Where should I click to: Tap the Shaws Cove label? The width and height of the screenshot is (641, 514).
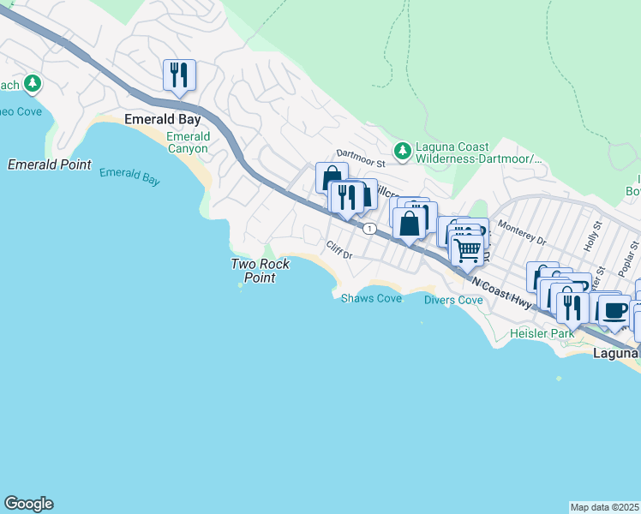(x=371, y=299)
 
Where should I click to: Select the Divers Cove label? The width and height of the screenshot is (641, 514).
(x=453, y=300)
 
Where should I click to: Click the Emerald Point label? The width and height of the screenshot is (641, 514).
(x=49, y=164)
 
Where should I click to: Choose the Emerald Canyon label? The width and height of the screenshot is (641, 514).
(x=187, y=142)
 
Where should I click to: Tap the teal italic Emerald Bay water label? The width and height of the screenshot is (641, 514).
(x=129, y=176)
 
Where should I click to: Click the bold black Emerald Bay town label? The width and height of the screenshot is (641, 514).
(x=163, y=119)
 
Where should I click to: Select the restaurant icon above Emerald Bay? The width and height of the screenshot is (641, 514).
(x=179, y=75)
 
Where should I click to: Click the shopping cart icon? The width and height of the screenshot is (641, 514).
(x=466, y=250)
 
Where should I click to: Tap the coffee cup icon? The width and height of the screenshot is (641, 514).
(x=614, y=310)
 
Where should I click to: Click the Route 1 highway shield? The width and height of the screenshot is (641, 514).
(x=368, y=229)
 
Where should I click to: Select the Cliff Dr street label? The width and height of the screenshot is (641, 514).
(x=339, y=248)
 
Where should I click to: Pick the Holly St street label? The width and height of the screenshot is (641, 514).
(x=590, y=237)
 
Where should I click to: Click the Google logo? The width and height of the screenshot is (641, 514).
(x=28, y=504)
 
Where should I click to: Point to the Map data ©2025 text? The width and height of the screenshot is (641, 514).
(x=605, y=507)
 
